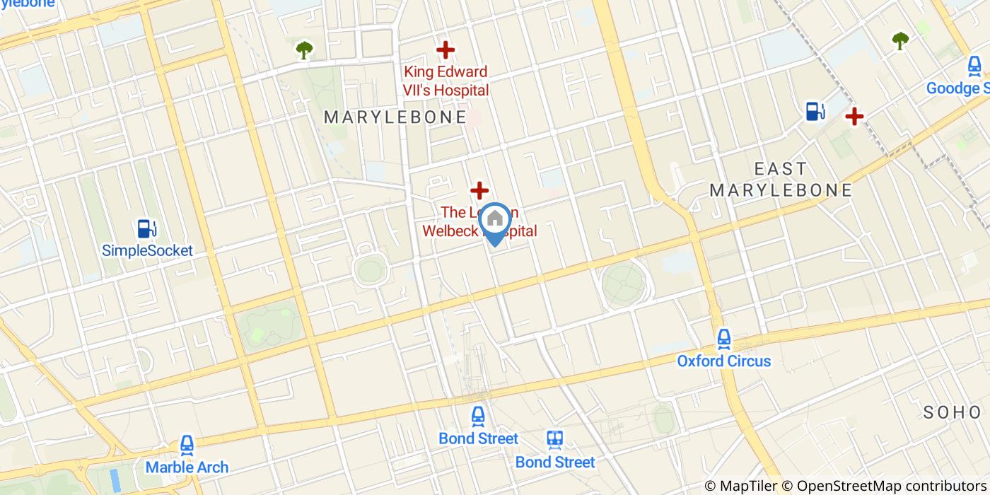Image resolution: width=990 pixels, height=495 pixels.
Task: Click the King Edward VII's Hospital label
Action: [x=445, y=81]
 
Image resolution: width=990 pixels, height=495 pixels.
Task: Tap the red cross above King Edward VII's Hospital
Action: [x=445, y=50]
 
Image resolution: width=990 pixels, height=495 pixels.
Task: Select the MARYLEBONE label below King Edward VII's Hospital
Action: [x=395, y=117]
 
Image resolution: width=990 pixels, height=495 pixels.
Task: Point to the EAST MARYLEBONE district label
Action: [x=781, y=180]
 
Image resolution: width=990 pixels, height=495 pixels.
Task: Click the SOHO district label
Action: [x=953, y=412]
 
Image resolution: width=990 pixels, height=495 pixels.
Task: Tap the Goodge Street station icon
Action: [x=974, y=67]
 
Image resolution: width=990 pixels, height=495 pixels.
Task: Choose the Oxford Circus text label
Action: [x=724, y=361]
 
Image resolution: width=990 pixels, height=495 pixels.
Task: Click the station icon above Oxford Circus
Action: [x=724, y=339]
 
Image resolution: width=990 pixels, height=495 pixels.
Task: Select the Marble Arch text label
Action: [x=187, y=467]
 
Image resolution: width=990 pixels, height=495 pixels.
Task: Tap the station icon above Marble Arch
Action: [x=187, y=445]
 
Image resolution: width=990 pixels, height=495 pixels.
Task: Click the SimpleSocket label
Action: [x=147, y=250]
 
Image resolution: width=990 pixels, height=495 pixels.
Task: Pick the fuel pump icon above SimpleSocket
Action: [x=147, y=228]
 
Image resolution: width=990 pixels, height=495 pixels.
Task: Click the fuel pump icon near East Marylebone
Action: [x=815, y=111]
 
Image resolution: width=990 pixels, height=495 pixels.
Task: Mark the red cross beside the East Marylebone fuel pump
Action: [x=855, y=115]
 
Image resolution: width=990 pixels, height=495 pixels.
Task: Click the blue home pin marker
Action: [x=496, y=221]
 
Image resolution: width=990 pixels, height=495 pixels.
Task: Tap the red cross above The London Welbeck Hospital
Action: [x=480, y=190]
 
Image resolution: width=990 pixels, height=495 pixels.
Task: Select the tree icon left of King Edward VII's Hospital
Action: [x=304, y=50]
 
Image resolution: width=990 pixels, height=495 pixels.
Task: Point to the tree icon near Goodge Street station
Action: [x=899, y=41]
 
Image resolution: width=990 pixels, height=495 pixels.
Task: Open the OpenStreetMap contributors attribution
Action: [x=892, y=486]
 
